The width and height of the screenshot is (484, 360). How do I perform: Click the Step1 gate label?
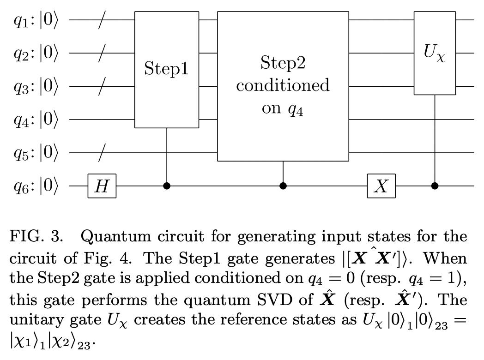tap(166, 70)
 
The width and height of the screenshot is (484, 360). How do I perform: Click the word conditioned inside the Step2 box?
tap(283, 86)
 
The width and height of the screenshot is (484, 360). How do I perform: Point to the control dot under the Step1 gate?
tap(166, 186)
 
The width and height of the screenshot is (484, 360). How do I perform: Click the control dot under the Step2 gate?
tap(283, 186)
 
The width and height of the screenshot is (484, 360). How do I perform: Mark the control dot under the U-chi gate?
tap(435, 186)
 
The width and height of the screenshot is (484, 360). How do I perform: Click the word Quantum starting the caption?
tap(111, 237)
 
